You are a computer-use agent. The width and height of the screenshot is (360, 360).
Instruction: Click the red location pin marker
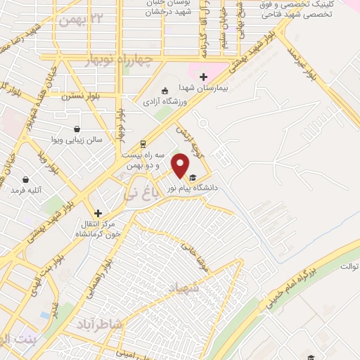tap(181, 166)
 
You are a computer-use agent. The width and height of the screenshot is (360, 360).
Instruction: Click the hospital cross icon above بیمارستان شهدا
tap(204, 77)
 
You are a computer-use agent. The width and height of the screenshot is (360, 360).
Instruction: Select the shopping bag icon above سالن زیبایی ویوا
tap(76, 129)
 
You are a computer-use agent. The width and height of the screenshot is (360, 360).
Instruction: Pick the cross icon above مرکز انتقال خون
tap(98, 212)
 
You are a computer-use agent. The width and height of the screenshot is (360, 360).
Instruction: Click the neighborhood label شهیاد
tap(182, 288)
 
